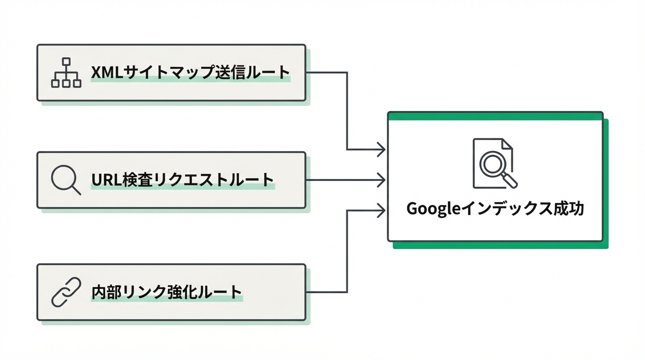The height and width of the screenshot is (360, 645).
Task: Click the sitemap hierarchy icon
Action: tap(66, 73)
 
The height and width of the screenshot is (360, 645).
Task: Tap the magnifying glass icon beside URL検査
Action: tap(65, 180)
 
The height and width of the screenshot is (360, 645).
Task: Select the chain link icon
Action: tap(66, 292)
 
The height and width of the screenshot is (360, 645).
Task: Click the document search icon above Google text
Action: tap(495, 164)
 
